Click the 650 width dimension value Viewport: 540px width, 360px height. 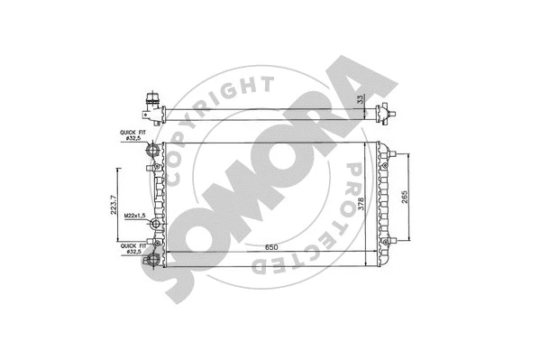tap(264, 248)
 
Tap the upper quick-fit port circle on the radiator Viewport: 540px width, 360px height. tap(154, 147)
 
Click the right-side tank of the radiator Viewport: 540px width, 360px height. tap(382, 204)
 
